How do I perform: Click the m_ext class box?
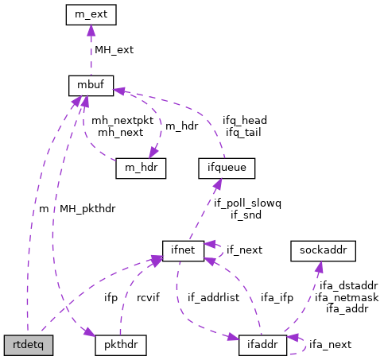pos(91,14)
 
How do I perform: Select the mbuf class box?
pos(91,83)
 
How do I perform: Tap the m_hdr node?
pos(141,168)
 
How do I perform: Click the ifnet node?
pos(184,250)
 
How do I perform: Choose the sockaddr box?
pos(323,250)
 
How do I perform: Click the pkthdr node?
pos(118,346)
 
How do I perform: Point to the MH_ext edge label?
pos(114,49)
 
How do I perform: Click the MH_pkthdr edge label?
pos(87,209)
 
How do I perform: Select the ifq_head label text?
pos(244,120)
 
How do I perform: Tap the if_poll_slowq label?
pos(247,203)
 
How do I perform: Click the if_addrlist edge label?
pos(213,298)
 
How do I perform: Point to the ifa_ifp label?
pos(277,298)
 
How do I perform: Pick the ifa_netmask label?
pos(346,296)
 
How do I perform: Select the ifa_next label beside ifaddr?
pos(329,345)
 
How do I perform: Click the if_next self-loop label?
pos(244,250)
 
